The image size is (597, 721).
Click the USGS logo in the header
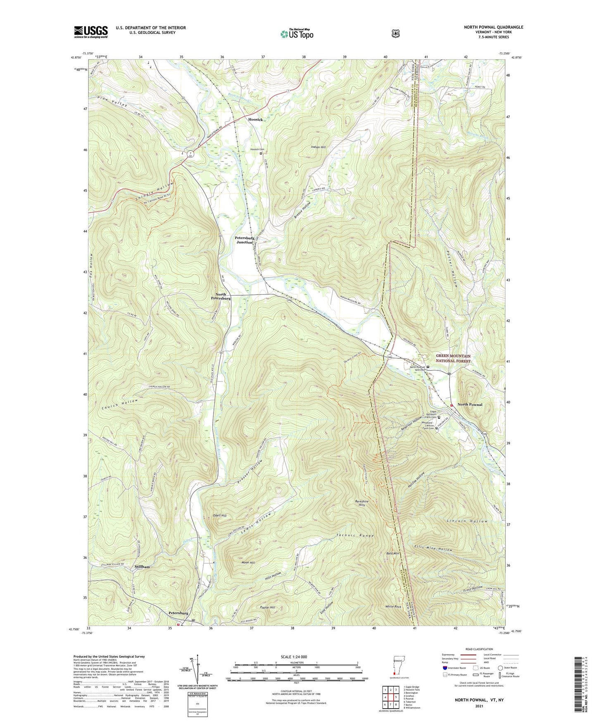click(90, 32)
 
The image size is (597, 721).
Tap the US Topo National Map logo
click(296, 33)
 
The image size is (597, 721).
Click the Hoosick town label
click(255, 119)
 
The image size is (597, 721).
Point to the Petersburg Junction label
click(245, 240)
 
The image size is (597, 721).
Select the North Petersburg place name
click(221, 296)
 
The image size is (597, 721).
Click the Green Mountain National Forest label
click(453, 358)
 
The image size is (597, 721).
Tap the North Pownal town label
click(470, 404)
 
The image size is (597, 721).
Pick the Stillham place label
click(142, 567)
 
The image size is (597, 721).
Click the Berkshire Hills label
click(362, 503)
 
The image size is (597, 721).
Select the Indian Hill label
click(318, 147)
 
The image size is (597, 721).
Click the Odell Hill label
click(219, 516)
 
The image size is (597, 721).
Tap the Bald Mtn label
click(392, 553)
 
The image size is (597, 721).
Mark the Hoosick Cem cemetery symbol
click(261, 153)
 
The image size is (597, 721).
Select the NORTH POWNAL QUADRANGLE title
click(493, 27)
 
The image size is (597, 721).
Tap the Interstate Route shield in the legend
click(444, 668)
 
